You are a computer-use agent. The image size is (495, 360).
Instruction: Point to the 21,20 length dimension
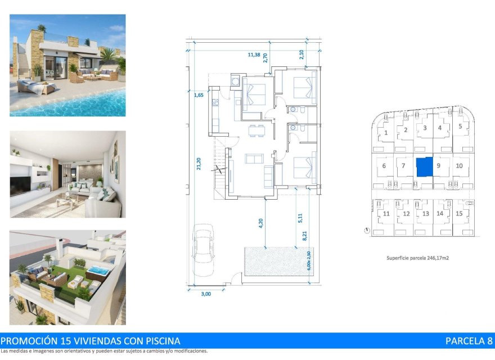tap(199, 163)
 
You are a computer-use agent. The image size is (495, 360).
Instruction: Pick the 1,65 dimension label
tap(198, 95)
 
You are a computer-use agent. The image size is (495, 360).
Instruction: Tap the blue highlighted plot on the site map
tap(424, 166)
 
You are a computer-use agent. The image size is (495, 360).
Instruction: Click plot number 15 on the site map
tap(460, 213)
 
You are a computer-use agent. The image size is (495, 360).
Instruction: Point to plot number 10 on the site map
tap(460, 165)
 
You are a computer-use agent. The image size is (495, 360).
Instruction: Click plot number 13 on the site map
tap(425, 214)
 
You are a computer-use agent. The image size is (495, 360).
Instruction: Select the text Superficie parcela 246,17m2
tap(417, 258)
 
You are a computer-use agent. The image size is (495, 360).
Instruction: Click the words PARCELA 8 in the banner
tap(469, 341)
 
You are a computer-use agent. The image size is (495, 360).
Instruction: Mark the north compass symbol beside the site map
tap(367, 230)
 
